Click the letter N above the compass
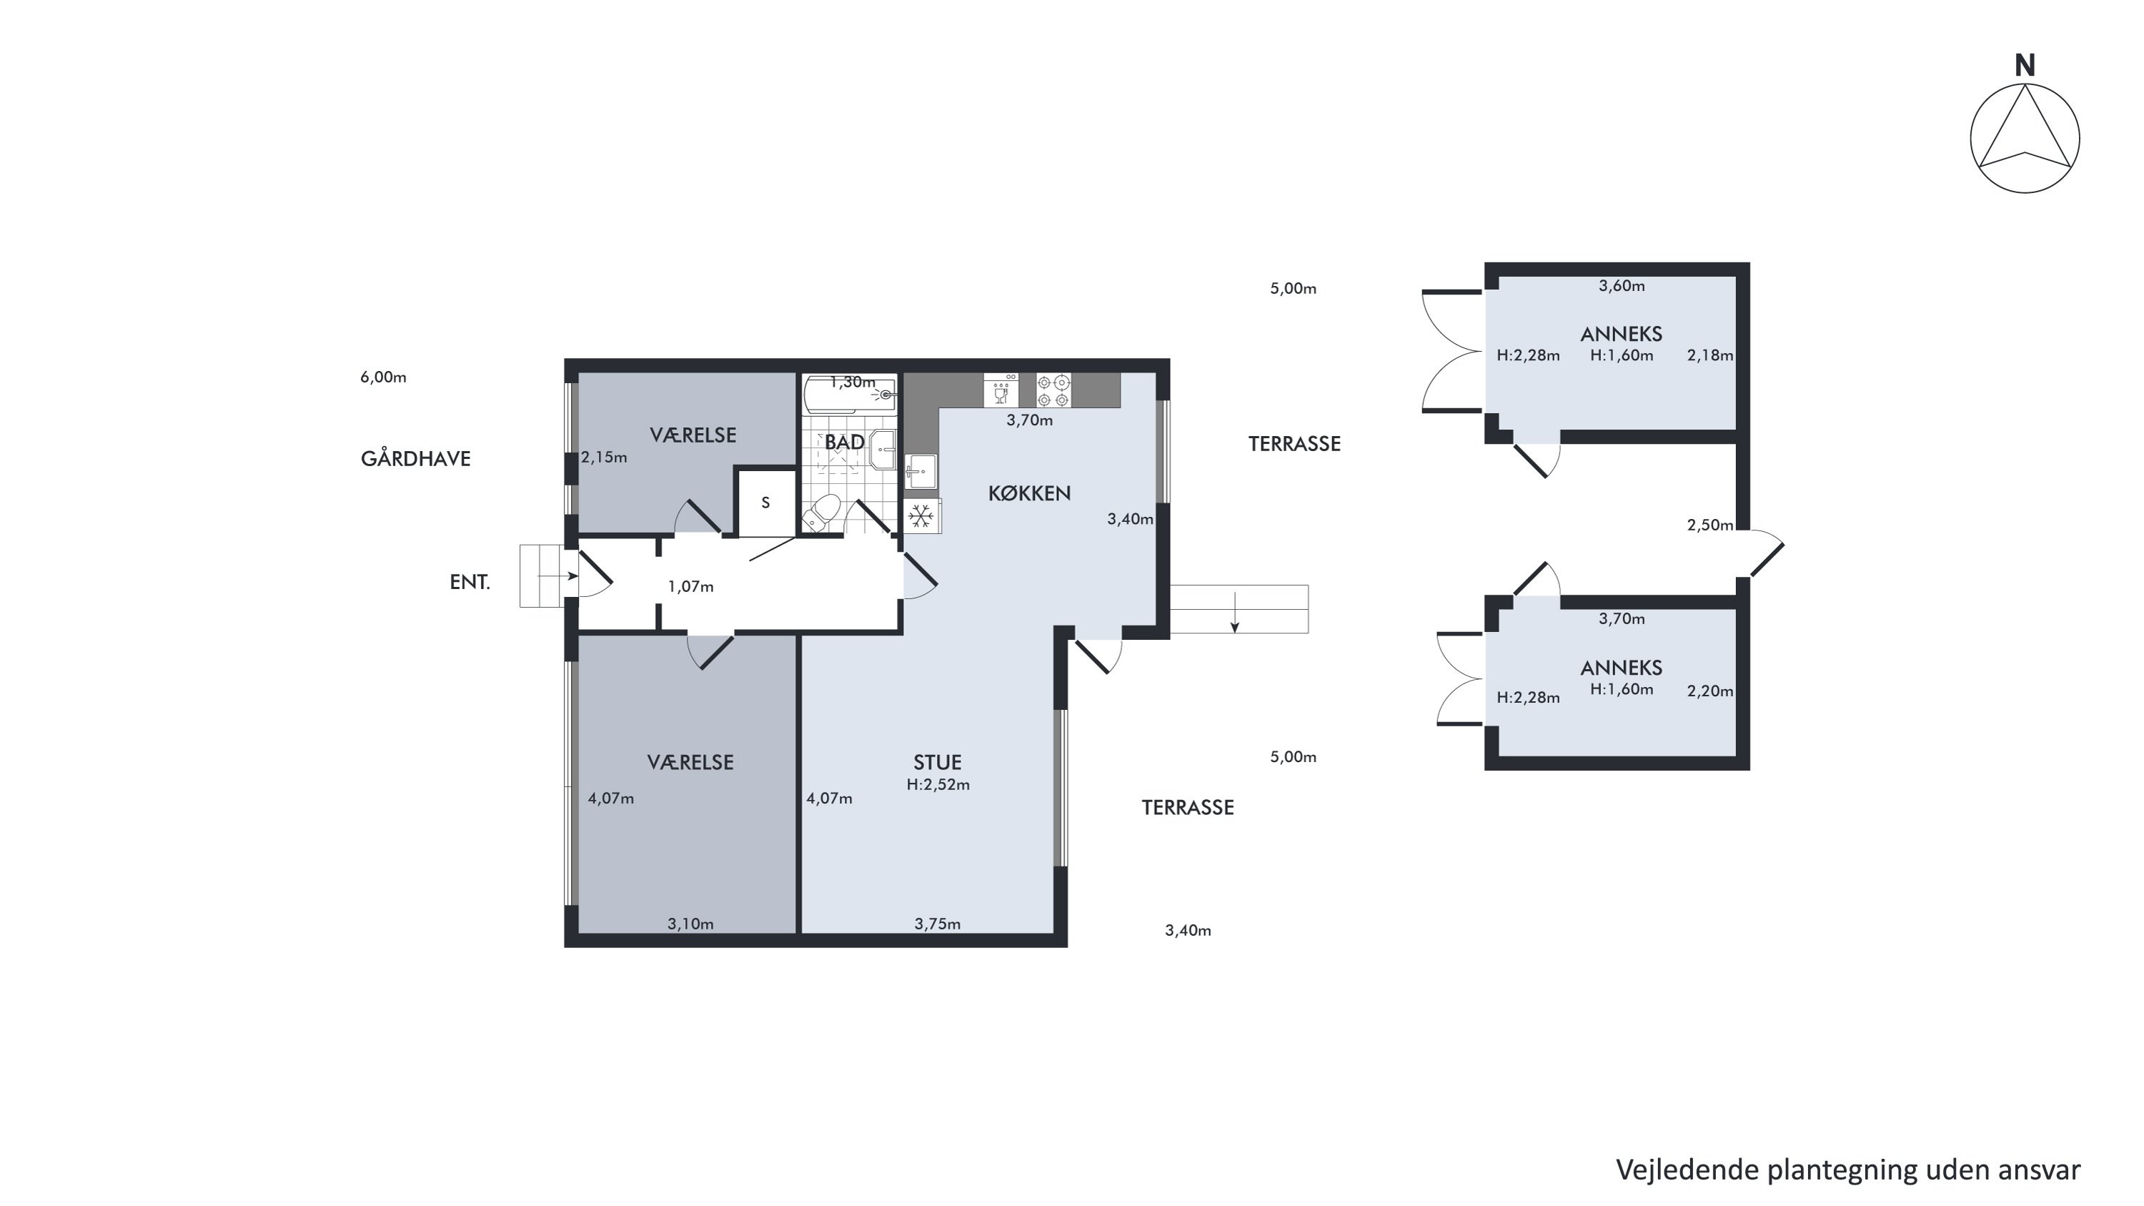(2025, 66)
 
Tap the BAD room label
(844, 443)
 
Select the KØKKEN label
(1030, 493)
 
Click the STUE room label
(937, 762)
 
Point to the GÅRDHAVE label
(415, 459)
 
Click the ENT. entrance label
(470, 583)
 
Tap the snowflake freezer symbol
(920, 516)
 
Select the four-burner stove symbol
(1053, 390)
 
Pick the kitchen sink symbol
(920, 472)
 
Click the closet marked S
(765, 503)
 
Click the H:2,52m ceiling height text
(938, 784)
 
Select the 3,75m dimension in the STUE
(937, 924)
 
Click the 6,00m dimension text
(383, 377)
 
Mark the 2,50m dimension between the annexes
(1709, 525)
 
